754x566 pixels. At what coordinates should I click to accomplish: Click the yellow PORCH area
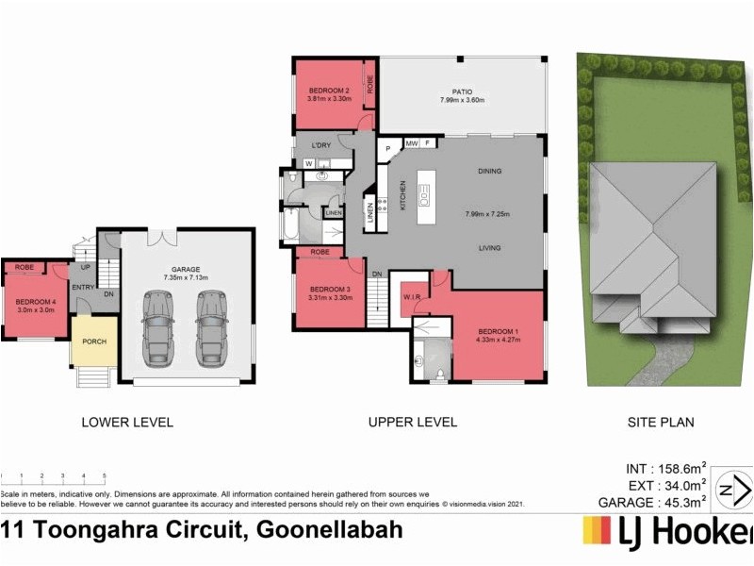point(94,341)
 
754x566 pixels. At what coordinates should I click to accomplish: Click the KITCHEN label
point(402,195)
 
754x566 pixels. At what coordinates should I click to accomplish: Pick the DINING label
point(488,171)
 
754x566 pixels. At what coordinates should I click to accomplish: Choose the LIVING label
point(488,249)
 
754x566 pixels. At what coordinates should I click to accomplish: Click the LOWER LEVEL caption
point(127,423)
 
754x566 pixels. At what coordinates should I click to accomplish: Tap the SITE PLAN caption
point(661,423)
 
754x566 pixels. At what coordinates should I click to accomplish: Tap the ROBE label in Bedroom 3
point(319,253)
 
